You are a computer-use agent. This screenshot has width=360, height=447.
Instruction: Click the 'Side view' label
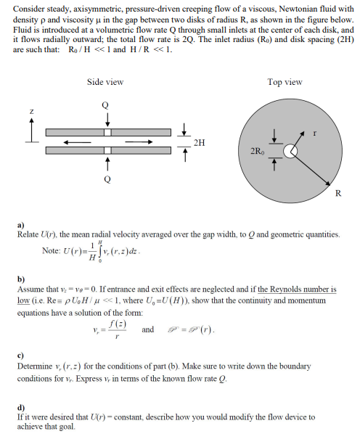[x=105, y=82]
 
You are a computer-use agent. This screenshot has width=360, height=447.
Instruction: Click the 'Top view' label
[x=285, y=82]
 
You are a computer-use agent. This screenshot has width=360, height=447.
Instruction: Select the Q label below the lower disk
[x=107, y=177]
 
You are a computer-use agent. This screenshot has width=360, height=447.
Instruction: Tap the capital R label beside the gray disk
[x=338, y=193]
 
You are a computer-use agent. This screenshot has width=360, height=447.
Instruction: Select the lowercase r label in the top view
[x=315, y=134]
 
